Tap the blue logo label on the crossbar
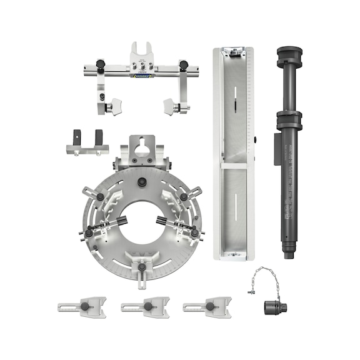point(142,76)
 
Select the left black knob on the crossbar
point(100,64)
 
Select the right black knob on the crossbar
point(184,64)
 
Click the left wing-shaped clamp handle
point(114,107)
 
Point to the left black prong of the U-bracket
point(77,137)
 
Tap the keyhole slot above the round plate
point(143,149)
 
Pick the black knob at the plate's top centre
point(143,182)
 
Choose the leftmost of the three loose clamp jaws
point(82,307)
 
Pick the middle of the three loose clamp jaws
point(145,307)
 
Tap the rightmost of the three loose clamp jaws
point(207,307)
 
